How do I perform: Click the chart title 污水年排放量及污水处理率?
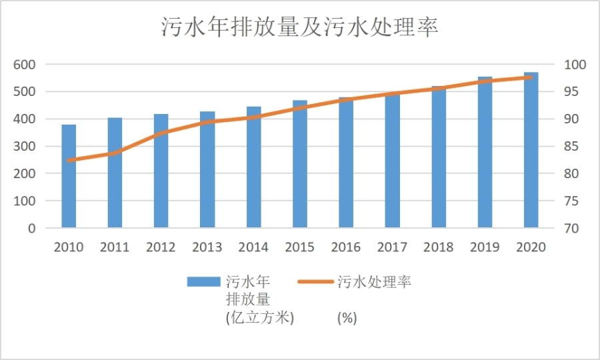(299, 27)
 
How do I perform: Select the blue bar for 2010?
(69, 177)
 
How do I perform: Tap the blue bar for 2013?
(207, 170)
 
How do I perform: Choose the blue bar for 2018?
(438, 157)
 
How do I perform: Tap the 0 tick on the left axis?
(31, 228)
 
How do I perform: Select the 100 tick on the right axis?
(574, 65)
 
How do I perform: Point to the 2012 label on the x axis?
(161, 247)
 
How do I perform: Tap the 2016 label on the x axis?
(345, 247)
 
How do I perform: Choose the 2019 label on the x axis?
(484, 247)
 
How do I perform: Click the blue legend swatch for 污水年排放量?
(203, 281)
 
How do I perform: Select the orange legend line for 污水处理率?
(315, 281)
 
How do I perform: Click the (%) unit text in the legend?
(347, 317)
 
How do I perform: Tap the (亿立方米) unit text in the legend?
(260, 317)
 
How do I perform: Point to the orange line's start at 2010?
(69, 160)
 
